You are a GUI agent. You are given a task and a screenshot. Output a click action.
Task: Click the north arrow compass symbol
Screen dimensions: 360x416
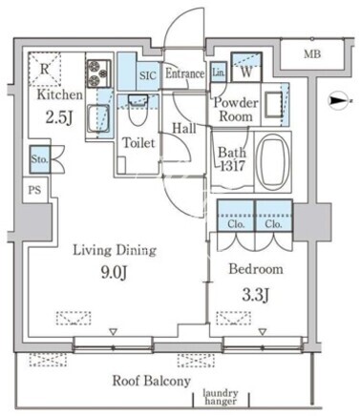click(340, 101)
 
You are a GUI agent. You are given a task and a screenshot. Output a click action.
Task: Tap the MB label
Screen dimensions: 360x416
click(312, 54)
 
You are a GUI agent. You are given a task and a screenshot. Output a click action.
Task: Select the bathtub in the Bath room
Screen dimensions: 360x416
click(273, 162)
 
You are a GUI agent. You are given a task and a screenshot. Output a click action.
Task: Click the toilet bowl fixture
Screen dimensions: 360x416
click(138, 111)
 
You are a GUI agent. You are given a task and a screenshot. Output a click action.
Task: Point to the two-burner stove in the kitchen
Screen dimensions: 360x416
click(99, 73)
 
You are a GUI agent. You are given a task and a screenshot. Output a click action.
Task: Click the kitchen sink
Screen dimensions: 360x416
click(99, 119)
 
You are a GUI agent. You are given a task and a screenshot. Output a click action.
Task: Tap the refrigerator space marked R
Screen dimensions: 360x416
click(45, 70)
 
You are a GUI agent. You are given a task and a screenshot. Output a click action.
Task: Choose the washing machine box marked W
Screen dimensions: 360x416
click(246, 68)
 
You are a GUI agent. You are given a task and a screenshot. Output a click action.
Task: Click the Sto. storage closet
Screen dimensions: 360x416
click(40, 159)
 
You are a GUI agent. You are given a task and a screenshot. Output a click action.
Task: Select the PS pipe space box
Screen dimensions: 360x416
click(35, 190)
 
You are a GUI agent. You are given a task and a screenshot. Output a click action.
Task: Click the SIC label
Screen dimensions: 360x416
click(148, 75)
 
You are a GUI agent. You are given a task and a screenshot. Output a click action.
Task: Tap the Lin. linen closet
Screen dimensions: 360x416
click(219, 72)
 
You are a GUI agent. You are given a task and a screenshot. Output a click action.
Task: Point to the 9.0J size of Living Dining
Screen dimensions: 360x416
click(115, 273)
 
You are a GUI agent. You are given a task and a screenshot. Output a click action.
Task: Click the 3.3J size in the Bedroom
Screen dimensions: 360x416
click(256, 296)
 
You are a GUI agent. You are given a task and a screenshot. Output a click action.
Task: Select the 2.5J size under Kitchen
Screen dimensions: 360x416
click(59, 117)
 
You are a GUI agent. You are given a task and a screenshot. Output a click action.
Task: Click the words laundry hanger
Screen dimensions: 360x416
click(221, 397)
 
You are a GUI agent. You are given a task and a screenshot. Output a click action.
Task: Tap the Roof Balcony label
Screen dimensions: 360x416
click(152, 381)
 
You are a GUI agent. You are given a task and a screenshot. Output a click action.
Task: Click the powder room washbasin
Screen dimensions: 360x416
click(273, 103)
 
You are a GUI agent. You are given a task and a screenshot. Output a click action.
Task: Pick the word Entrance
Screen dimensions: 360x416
click(184, 73)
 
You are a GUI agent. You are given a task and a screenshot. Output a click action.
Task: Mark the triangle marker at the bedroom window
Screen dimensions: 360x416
click(263, 332)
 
